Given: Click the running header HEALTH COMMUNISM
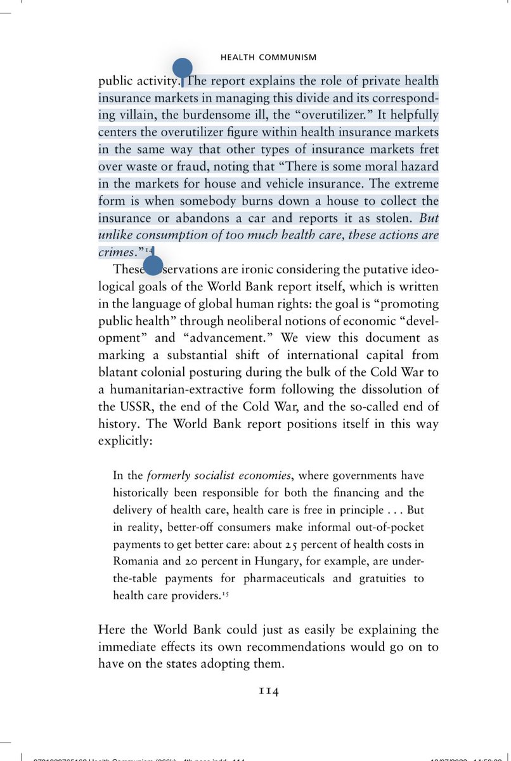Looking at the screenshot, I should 268,58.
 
